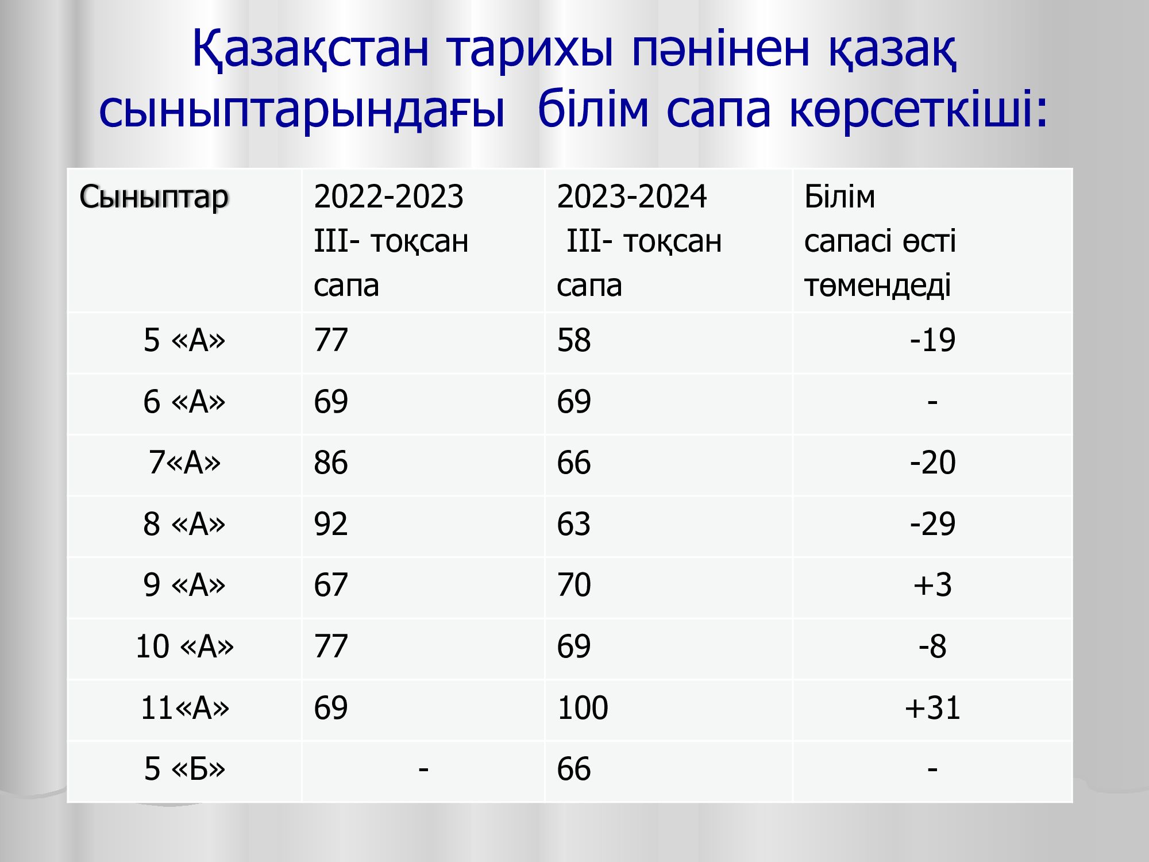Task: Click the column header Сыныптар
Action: (154, 198)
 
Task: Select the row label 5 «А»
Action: (184, 340)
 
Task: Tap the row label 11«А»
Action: (184, 707)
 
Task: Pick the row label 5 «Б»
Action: (184, 769)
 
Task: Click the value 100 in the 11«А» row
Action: (583, 707)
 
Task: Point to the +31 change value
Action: (932, 707)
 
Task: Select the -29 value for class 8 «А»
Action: (932, 524)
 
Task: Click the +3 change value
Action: (932, 585)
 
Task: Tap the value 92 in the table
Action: (331, 524)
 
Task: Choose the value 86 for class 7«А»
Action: (331, 463)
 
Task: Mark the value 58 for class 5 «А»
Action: (574, 340)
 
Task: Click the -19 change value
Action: (932, 340)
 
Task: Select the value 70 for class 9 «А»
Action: (574, 585)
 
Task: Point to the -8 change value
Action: (932, 646)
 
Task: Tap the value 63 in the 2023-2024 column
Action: (574, 524)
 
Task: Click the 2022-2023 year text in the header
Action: (388, 197)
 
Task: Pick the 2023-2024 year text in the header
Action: (631, 197)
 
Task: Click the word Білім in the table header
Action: (839, 197)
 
